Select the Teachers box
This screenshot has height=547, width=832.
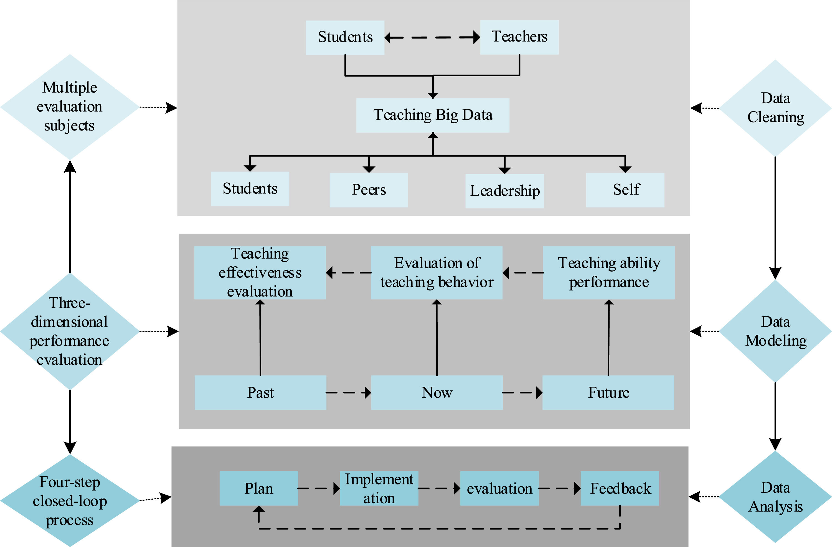click(x=519, y=37)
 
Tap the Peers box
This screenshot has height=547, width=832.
click(x=369, y=190)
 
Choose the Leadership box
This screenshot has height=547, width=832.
click(x=504, y=191)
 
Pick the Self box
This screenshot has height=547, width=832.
click(x=625, y=190)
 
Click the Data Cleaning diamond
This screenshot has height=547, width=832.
click(x=775, y=108)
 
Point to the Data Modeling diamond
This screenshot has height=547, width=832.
click(x=775, y=331)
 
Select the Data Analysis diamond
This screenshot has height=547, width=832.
click(x=775, y=497)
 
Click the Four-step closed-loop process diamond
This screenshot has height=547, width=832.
click(x=70, y=500)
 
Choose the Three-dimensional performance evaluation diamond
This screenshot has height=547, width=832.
click(x=70, y=331)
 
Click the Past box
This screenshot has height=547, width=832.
click(x=260, y=393)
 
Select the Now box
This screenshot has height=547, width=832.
click(x=437, y=393)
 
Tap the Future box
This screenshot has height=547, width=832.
click(x=608, y=393)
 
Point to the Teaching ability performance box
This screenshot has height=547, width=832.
click(x=609, y=272)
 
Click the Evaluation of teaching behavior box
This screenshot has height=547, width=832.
click(x=436, y=272)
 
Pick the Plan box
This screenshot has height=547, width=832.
click(x=259, y=488)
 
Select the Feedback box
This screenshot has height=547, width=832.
click(x=620, y=488)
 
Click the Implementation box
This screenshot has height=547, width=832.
click(x=379, y=488)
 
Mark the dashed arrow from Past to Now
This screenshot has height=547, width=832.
click(x=348, y=393)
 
